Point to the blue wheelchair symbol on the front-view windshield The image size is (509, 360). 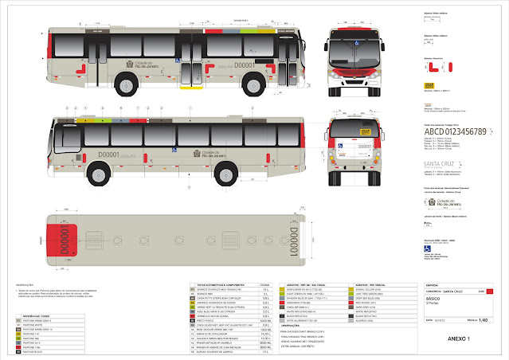pos(358,45)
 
